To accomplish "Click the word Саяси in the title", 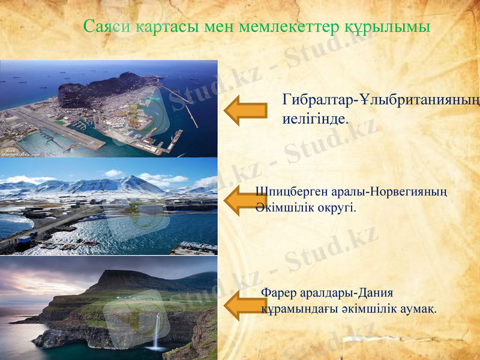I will point(107,26).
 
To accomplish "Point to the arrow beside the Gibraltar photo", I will point(245,110).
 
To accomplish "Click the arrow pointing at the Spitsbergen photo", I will point(240,201).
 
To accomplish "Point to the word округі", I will point(337,208).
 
